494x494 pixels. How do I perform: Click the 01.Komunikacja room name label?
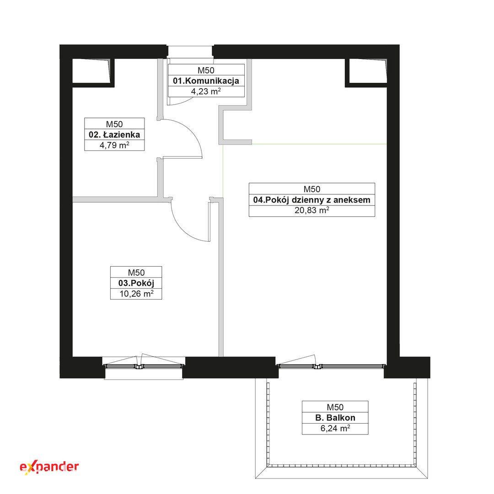pyautogui.click(x=206, y=81)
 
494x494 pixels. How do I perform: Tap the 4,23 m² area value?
pyautogui.click(x=206, y=91)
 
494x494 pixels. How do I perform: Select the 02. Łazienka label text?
pyautogui.click(x=114, y=135)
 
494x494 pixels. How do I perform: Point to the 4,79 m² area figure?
pyautogui.click(x=114, y=145)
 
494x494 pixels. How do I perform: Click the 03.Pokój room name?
pyautogui.click(x=136, y=283)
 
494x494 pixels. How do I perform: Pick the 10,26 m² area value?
pyautogui.click(x=136, y=294)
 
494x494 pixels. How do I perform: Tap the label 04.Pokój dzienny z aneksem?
pyautogui.click(x=312, y=200)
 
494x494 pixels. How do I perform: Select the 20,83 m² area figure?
pyautogui.click(x=312, y=210)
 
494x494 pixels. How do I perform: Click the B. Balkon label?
pyautogui.click(x=335, y=418)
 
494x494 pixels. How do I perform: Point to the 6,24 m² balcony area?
pyautogui.click(x=335, y=429)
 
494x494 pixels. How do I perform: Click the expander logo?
pyautogui.click(x=49, y=467)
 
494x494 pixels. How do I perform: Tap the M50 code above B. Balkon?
pyautogui.click(x=335, y=407)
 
